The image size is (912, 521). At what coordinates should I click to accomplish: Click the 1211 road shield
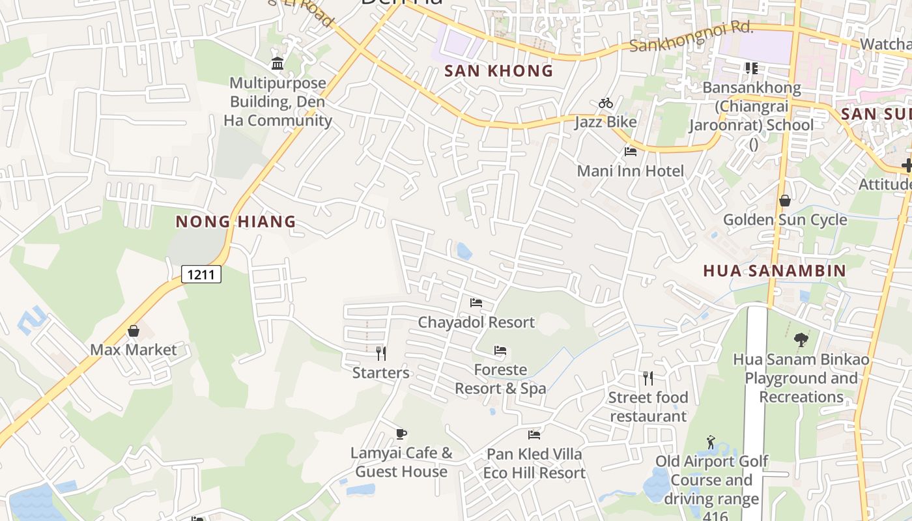point(201,274)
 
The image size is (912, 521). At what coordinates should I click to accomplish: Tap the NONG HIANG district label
point(236,222)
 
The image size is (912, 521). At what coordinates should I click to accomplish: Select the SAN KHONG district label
point(498,71)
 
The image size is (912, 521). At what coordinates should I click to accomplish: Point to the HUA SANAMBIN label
point(775,270)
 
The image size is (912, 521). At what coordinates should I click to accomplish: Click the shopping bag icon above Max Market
point(134,331)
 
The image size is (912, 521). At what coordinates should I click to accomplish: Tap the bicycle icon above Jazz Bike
point(605,103)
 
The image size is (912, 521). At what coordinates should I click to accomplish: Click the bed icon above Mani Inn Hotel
point(630,152)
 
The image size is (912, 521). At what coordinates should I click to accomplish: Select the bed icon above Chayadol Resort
point(476,303)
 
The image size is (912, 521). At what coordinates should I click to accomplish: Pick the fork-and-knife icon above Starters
point(381,354)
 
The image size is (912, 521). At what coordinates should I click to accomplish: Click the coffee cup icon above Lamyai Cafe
point(401,434)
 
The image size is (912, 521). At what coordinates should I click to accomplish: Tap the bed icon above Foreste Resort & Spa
point(500,350)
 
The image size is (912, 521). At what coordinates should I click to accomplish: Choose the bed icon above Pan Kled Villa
point(534,434)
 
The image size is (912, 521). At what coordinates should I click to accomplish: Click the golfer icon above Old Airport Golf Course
point(711,443)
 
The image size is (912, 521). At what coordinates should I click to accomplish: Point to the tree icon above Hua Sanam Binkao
point(801,339)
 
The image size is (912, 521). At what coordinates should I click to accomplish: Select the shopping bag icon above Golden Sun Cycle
point(784,201)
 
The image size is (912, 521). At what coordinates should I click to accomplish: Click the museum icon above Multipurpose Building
point(278,63)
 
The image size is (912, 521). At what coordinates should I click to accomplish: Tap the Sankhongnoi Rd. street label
point(691,36)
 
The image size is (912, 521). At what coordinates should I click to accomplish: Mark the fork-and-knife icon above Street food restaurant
point(648,378)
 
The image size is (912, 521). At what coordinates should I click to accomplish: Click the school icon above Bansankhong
point(751,68)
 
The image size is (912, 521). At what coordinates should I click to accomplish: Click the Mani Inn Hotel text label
point(631,171)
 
